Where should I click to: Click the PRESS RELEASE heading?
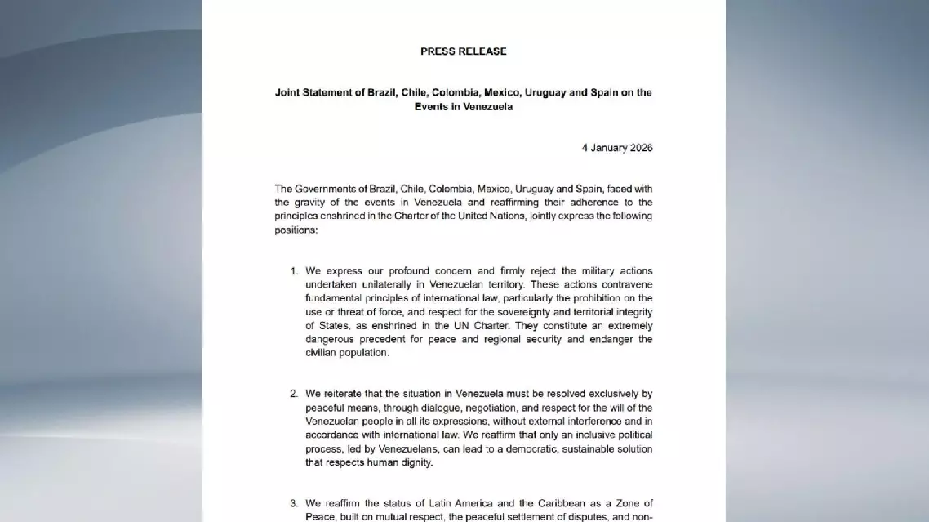[x=463, y=51]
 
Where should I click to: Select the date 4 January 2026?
[x=616, y=148]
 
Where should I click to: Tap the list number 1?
[x=294, y=271]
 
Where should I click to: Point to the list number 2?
[x=294, y=394]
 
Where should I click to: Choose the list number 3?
[x=294, y=503]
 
